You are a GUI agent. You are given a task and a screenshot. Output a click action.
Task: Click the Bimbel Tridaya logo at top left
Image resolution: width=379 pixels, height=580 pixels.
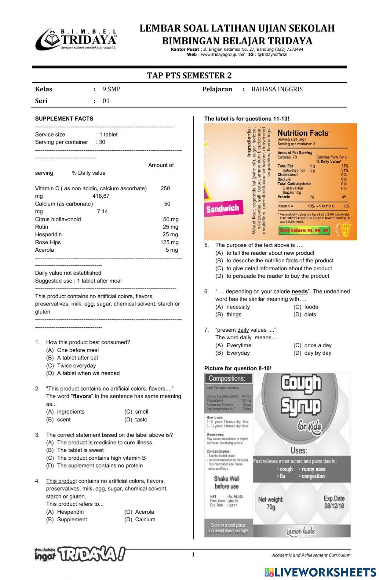tap(76, 39)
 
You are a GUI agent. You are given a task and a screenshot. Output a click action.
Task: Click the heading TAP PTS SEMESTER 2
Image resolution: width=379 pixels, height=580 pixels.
tap(189, 75)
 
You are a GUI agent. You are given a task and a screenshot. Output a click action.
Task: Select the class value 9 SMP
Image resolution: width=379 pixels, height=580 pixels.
tap(111, 89)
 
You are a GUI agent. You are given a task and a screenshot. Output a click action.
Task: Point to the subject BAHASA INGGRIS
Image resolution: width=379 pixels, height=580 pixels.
tap(277, 89)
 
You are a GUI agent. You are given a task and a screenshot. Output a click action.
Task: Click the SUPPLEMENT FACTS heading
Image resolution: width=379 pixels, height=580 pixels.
tap(64, 119)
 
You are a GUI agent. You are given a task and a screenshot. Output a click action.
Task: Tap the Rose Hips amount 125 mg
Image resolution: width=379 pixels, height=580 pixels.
tap(169, 242)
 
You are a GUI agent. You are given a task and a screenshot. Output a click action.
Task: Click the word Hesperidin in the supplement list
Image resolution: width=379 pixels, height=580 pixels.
tap(48, 235)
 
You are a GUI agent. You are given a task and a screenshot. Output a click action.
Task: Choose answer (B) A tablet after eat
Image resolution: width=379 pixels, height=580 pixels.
tap(77, 358)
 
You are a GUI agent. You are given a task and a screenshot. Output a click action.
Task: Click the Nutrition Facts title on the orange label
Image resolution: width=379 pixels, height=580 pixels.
tap(303, 133)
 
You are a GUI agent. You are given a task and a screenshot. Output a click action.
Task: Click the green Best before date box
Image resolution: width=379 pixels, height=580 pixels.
tap(304, 230)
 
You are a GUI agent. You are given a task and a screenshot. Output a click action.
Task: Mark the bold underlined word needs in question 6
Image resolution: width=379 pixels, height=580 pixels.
tap(299, 292)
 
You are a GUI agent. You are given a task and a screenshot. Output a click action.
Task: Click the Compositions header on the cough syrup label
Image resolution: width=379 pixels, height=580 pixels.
tap(227, 378)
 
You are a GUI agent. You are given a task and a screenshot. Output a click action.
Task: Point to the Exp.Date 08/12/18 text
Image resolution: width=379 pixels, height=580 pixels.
tap(334, 502)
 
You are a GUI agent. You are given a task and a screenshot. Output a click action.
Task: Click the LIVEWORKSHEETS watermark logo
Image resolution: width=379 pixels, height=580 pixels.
tap(320, 572)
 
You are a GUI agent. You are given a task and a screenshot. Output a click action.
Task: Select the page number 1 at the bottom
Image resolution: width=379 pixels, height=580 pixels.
tap(193, 555)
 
